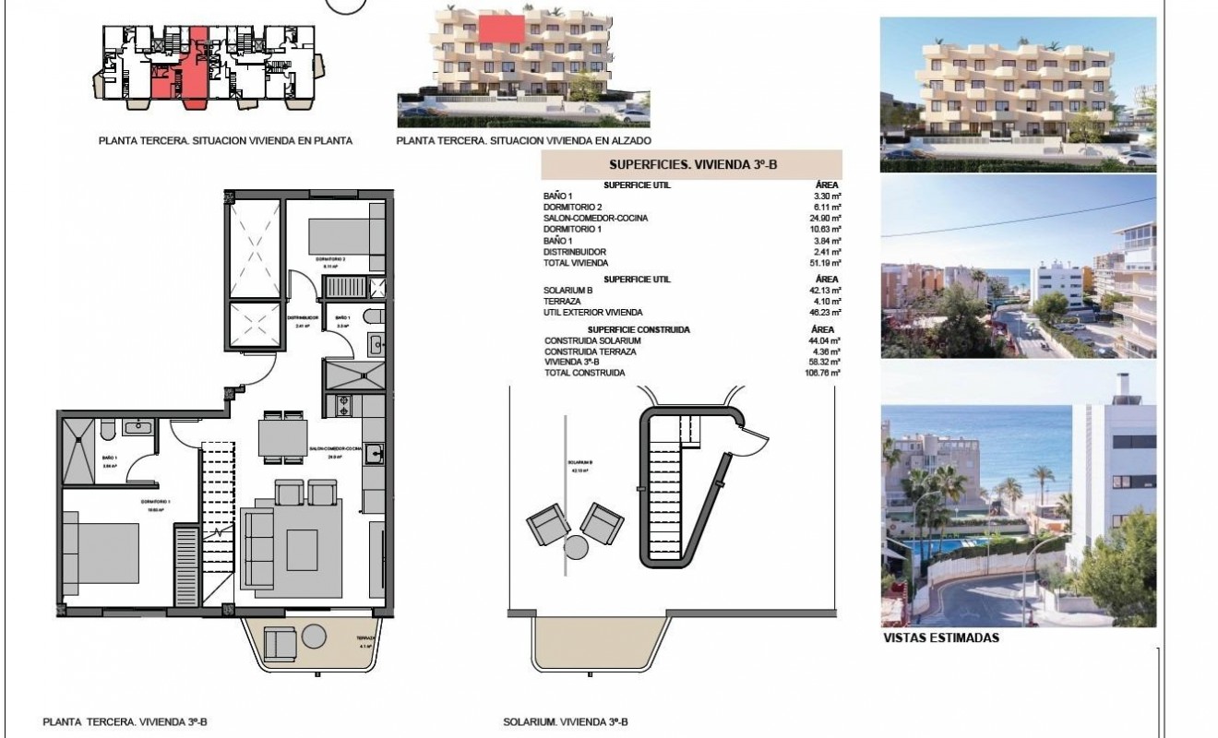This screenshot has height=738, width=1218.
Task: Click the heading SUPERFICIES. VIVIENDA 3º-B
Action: click(691, 165)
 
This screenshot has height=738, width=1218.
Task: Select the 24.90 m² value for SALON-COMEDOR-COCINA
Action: click(819, 218)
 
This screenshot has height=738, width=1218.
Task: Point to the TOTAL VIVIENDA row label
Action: click(576, 263)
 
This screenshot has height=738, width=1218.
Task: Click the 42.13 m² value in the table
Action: click(819, 291)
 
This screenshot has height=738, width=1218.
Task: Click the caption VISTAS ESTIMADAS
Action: click(940, 637)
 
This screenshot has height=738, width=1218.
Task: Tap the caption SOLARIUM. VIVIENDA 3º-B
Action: click(567, 722)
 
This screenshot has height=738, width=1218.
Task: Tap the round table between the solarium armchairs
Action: click(577, 547)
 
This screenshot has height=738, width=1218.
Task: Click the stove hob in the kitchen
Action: click(342, 404)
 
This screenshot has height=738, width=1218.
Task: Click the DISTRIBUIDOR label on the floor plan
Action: click(306, 317)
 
